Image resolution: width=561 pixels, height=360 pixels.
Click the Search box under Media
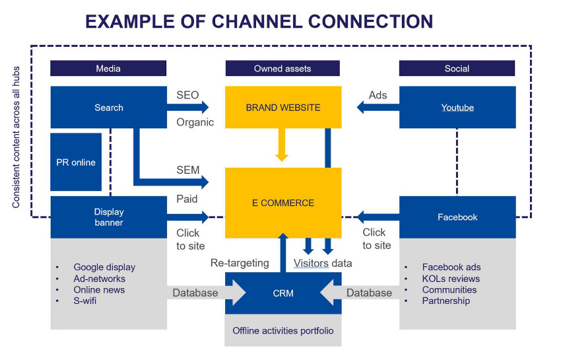[108, 107]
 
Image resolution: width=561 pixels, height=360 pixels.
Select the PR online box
[76, 162]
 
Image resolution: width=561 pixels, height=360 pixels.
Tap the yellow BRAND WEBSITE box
[283, 107]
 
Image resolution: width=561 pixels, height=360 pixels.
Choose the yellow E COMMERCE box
[283, 203]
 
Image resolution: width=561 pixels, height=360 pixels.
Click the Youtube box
[457, 107]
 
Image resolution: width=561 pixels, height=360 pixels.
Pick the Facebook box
[457, 217]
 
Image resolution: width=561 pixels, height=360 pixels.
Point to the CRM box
[283, 293]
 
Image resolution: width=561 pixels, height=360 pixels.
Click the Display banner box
[108, 217]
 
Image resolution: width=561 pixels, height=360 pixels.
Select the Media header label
[108, 69]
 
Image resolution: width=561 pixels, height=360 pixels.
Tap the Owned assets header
[282, 69]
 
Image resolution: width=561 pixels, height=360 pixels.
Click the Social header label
[457, 69]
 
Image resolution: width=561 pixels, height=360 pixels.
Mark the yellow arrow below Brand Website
[282, 145]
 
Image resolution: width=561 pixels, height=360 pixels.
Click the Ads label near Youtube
[378, 95]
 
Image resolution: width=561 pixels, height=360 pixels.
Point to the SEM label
[187, 170]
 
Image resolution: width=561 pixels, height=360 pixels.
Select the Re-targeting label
[240, 263]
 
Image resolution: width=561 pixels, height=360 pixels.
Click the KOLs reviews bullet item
[451, 279]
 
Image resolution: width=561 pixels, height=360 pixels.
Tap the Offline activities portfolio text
[283, 330]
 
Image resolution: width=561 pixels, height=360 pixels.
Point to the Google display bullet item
[104, 267]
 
